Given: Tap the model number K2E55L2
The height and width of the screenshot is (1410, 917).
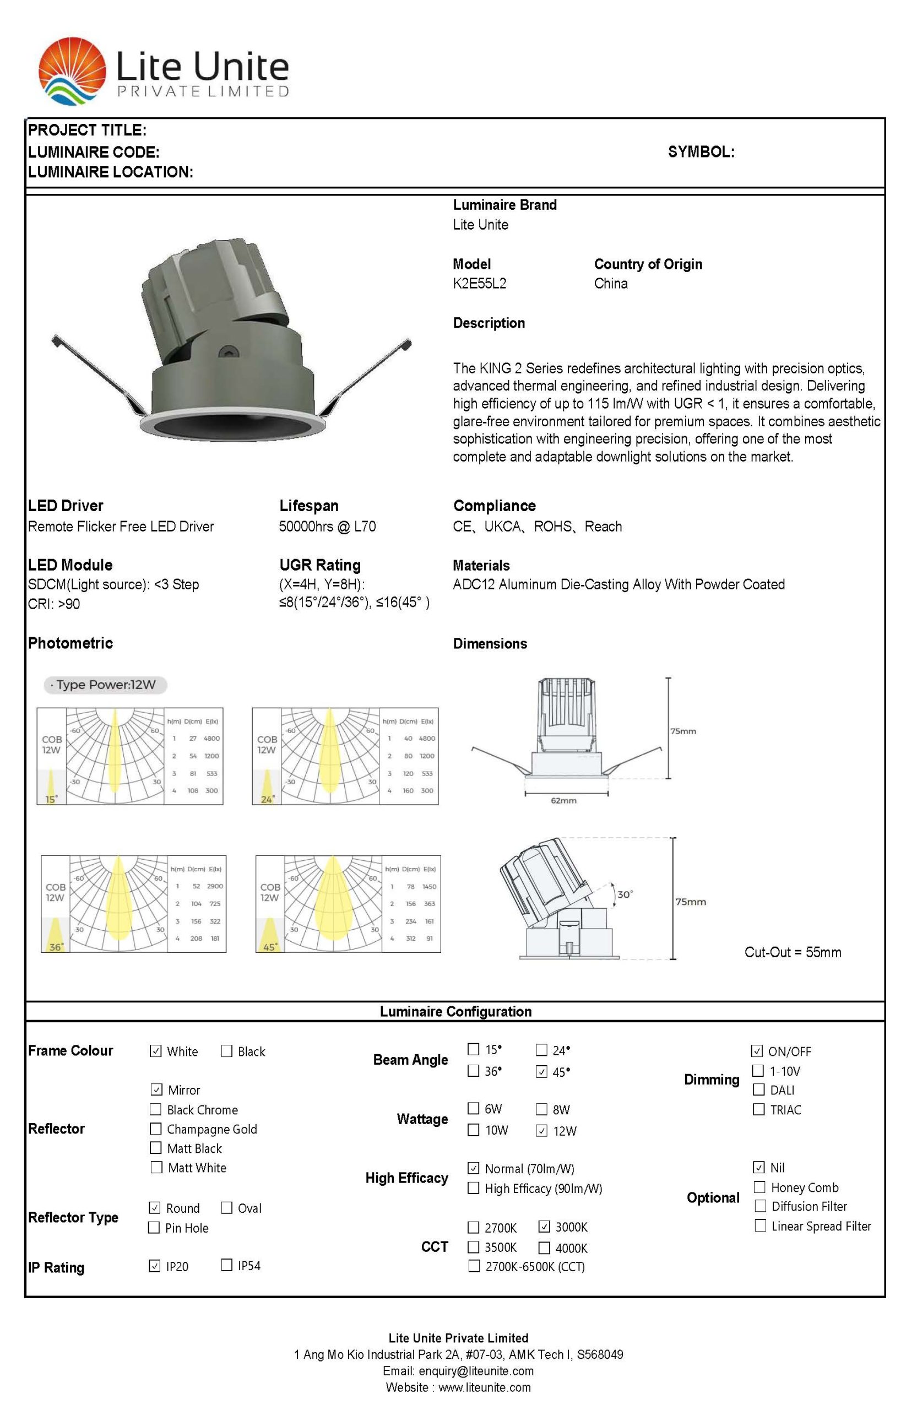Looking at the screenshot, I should click(x=479, y=283).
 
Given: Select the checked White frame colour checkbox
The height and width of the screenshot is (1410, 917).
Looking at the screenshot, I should click(x=156, y=1051).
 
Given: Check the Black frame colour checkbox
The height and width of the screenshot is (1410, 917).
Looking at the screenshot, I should click(x=226, y=1051).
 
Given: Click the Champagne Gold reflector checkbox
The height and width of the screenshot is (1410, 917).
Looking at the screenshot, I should click(x=156, y=1129).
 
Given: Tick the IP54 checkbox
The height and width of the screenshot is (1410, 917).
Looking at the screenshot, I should click(x=226, y=1265).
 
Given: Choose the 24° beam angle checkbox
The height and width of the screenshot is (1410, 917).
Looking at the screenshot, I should click(x=541, y=1050).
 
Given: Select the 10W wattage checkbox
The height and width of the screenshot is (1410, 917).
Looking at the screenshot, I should click(x=473, y=1130).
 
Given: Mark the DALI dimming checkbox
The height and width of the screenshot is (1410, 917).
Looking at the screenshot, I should click(x=758, y=1089).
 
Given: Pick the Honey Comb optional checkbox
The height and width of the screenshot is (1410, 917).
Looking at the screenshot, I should click(x=759, y=1186).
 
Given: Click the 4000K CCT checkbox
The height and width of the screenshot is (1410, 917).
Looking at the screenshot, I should click(x=544, y=1248).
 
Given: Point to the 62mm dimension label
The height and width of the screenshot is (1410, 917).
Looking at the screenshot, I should click(x=563, y=800).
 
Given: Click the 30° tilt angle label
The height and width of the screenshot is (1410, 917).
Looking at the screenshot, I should click(x=625, y=894).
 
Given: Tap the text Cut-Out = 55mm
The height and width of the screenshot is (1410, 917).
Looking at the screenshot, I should click(x=792, y=952).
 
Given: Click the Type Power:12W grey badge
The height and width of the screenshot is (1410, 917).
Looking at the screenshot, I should click(x=105, y=685).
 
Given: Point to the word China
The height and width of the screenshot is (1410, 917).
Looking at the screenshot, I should click(x=611, y=283).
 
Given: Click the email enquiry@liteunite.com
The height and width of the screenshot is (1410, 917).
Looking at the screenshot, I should click(x=476, y=1371).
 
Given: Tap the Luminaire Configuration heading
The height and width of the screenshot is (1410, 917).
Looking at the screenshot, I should click(x=455, y=1011).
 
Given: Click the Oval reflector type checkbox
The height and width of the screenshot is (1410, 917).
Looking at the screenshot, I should click(x=226, y=1207).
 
